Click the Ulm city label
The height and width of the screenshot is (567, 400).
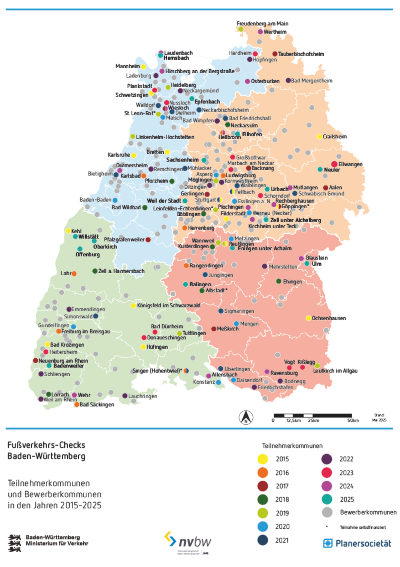pyautogui.click(x=317, y=264)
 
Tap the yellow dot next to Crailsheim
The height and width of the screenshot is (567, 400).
pyautogui.click(x=320, y=137)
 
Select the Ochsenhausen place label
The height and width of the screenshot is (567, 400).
pyautogui.click(x=329, y=318)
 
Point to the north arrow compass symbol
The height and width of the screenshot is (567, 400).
pyautogui.click(x=246, y=417)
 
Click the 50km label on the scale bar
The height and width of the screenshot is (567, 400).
pyautogui.click(x=353, y=421)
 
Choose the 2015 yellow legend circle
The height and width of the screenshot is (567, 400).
pyautogui.click(x=263, y=459)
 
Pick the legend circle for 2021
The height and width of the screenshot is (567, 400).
pyautogui.click(x=263, y=540)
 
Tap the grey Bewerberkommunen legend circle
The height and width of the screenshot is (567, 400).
pyautogui.click(x=327, y=512)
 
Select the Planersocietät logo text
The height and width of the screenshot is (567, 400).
pyautogui.click(x=363, y=543)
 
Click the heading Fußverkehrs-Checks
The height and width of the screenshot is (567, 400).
pyautogui.click(x=46, y=445)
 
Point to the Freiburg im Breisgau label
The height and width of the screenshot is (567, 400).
pyautogui.click(x=86, y=332)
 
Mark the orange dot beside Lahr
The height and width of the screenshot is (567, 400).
pyautogui.click(x=74, y=274)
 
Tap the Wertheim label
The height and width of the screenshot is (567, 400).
pyautogui.click(x=275, y=32)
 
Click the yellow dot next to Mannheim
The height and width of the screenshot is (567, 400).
pyautogui.click(x=143, y=67)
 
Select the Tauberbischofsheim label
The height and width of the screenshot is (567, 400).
pyautogui.click(x=301, y=54)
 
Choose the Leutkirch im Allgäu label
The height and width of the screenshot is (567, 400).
pyautogui.click(x=335, y=371)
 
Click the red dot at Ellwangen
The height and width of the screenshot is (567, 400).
pyautogui.click(x=334, y=164)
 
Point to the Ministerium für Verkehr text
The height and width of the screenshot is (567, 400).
pyautogui.click(x=57, y=544)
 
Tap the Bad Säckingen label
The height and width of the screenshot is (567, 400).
pyautogui.click(x=97, y=405)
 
